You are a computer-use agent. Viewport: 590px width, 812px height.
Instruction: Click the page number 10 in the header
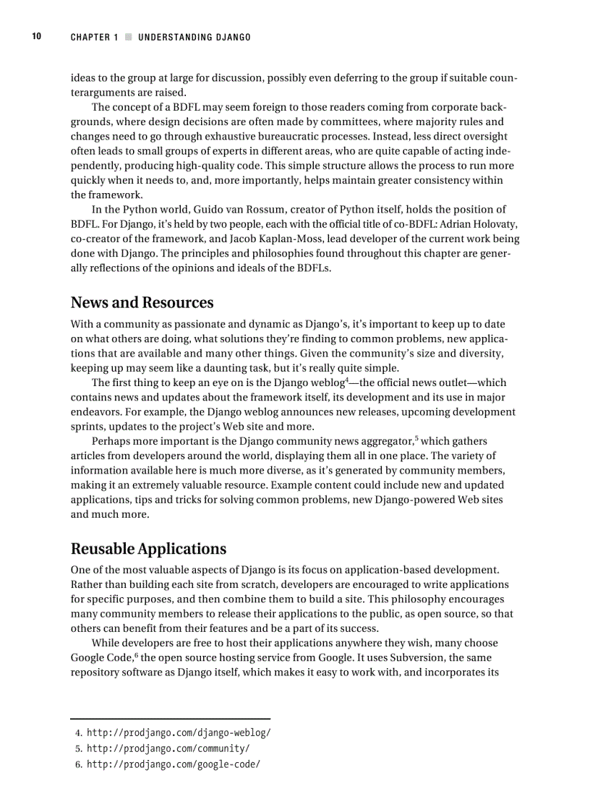(x=36, y=37)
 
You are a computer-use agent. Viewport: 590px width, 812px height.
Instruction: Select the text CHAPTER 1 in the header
(x=94, y=38)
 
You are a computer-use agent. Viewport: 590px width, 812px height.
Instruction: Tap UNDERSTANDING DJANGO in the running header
(x=194, y=38)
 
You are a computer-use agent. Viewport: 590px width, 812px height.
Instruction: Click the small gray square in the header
(x=128, y=38)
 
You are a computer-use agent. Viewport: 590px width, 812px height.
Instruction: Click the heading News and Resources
(x=142, y=302)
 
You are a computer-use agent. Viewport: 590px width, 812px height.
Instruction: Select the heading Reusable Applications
(x=148, y=548)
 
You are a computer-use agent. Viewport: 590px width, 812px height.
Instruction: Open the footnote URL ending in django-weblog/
(x=179, y=732)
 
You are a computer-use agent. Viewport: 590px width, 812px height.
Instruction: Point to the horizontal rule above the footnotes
(x=170, y=719)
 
